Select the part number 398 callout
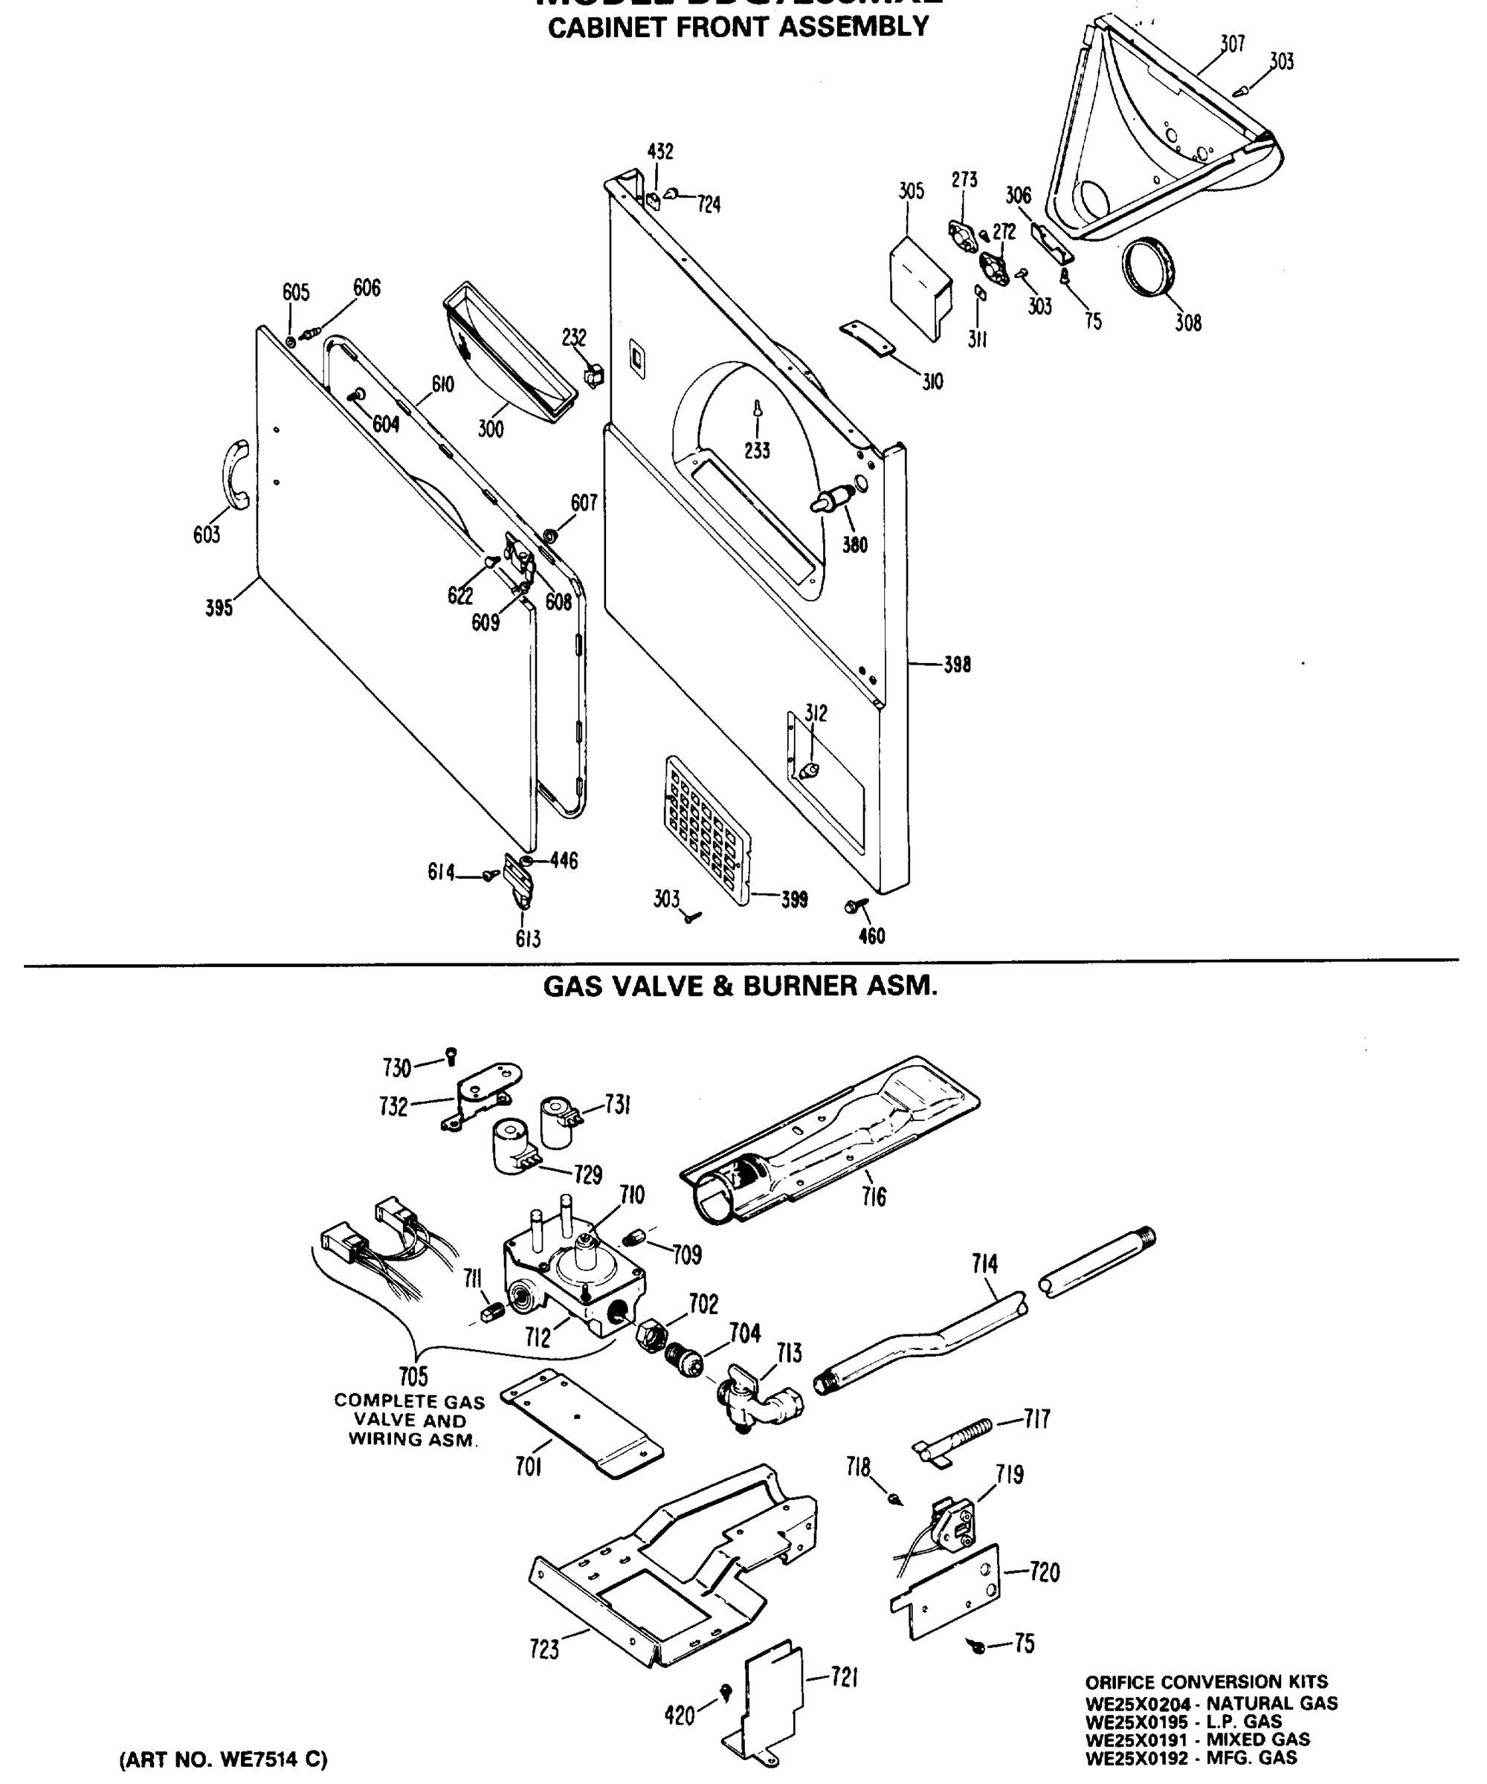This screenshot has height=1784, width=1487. [x=957, y=665]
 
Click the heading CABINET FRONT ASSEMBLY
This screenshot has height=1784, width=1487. [x=738, y=28]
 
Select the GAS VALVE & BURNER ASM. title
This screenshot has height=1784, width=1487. [x=740, y=986]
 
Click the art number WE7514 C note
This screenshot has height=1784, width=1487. [x=222, y=1759]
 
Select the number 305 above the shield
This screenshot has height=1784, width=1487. [x=911, y=191]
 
